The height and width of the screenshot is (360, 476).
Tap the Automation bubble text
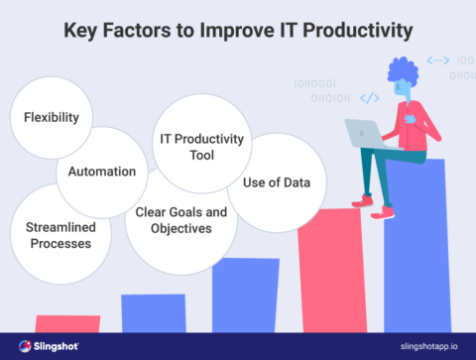[x=101, y=171]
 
